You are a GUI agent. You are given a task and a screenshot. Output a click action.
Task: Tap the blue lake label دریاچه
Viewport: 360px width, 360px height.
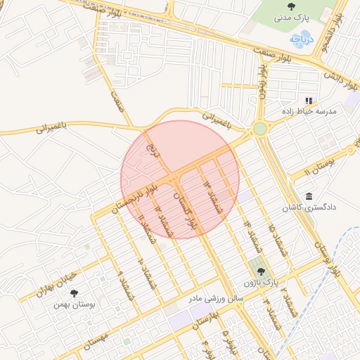[300, 41]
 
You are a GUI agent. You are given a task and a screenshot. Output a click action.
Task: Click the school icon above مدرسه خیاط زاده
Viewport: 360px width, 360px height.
[309, 101]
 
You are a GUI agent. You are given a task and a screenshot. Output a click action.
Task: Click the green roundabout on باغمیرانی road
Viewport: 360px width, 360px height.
[260, 129]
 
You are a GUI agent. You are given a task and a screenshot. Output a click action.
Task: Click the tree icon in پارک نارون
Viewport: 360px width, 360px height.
[261, 271]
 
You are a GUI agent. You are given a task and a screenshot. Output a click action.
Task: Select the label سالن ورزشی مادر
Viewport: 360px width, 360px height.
[214, 298]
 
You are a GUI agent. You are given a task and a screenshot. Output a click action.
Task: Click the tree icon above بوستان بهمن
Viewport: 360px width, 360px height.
[75, 293]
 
